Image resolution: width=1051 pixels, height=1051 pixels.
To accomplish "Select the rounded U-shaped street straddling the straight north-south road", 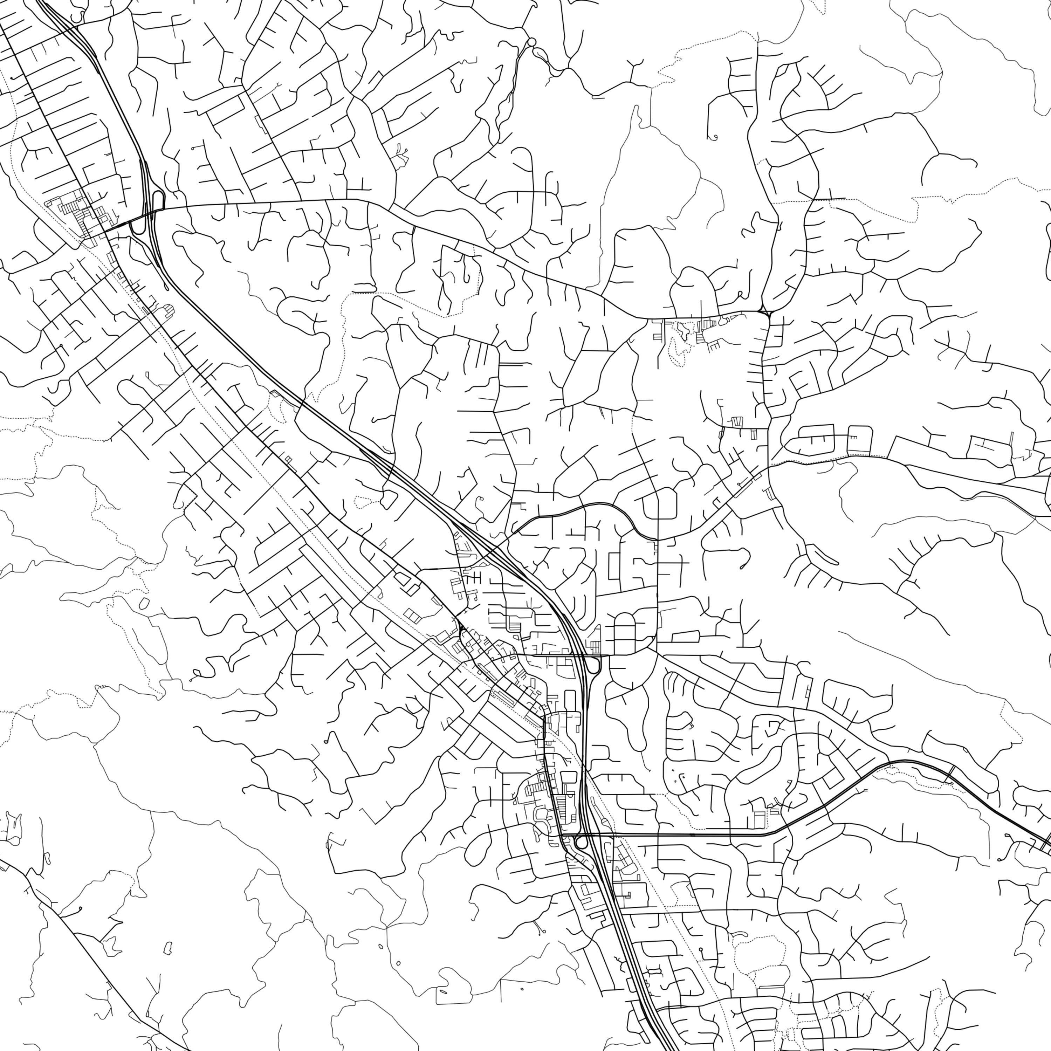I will [659, 503].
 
